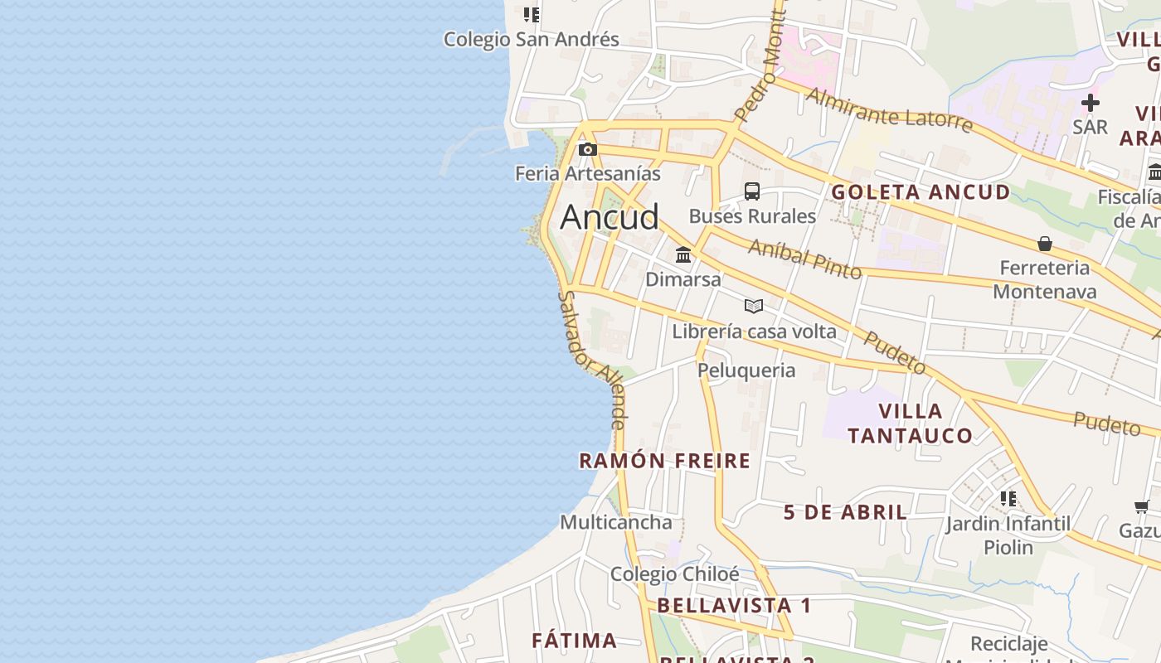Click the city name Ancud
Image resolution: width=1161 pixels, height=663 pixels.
tap(610, 217)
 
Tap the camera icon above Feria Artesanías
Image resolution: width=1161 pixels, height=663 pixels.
tap(588, 150)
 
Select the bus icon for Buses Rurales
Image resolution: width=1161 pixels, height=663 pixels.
tap(752, 191)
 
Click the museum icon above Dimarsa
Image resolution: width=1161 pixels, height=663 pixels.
tap(683, 254)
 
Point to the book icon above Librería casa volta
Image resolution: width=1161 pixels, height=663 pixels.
tap(753, 307)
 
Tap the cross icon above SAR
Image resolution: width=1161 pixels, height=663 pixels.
tap(1091, 103)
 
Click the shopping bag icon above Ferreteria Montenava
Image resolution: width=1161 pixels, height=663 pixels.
tap(1045, 244)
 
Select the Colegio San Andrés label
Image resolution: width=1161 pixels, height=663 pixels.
tap(531, 39)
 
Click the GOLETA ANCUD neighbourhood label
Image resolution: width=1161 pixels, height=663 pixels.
tap(921, 192)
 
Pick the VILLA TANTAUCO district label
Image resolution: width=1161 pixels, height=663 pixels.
tap(910, 423)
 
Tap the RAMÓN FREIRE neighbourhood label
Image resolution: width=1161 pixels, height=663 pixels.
tap(664, 461)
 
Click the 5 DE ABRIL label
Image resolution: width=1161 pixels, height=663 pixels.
tap(845, 512)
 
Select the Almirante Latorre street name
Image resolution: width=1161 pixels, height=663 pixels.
tap(888, 110)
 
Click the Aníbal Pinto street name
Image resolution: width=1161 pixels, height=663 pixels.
tap(804, 258)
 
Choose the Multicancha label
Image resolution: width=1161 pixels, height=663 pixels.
tap(615, 522)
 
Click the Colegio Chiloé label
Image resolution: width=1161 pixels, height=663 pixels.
tap(674, 574)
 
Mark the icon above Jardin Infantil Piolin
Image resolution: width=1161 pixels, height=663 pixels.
tap(1008, 499)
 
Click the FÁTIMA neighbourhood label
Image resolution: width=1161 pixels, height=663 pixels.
tap(574, 641)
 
